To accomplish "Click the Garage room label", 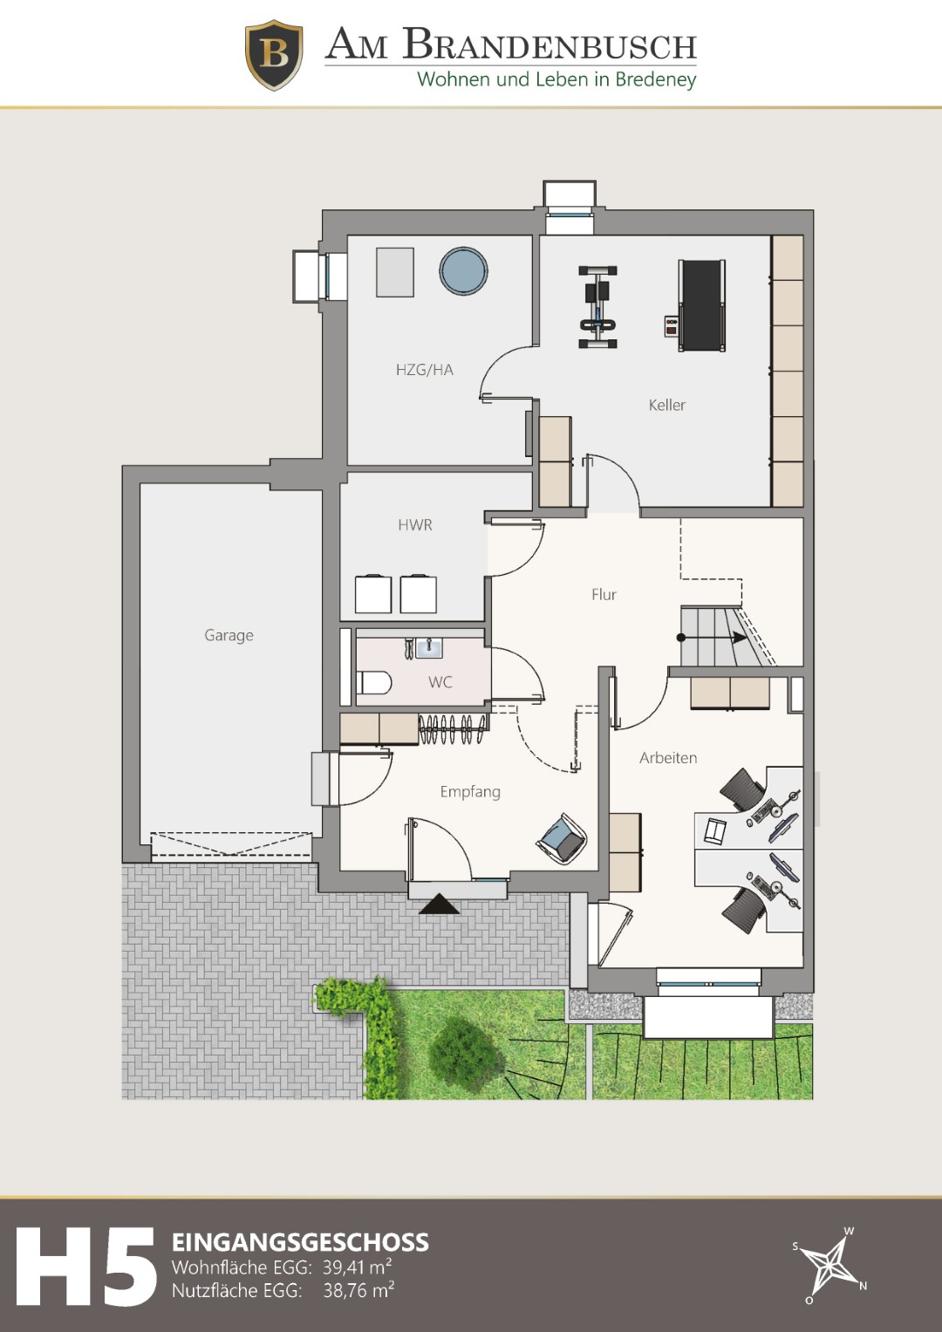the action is pos(229,636).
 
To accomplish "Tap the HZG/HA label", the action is pos(425,370).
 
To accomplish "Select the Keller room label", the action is pos(666,405).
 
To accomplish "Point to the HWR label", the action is pos(415,524).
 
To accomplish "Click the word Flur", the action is pos(604,594).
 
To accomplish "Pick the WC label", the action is pos(440,682).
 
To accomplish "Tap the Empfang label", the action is pos(470,792).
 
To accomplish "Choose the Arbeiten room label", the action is pos(668,757).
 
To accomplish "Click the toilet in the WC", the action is pos(373,683).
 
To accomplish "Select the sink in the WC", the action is pos(429,648).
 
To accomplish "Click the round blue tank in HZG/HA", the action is pos(464,270).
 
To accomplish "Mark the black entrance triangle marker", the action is pos(439,904).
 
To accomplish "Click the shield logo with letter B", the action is pos(274,55).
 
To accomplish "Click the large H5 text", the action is pos(85,1266).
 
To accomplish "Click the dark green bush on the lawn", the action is pos(466,1049).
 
